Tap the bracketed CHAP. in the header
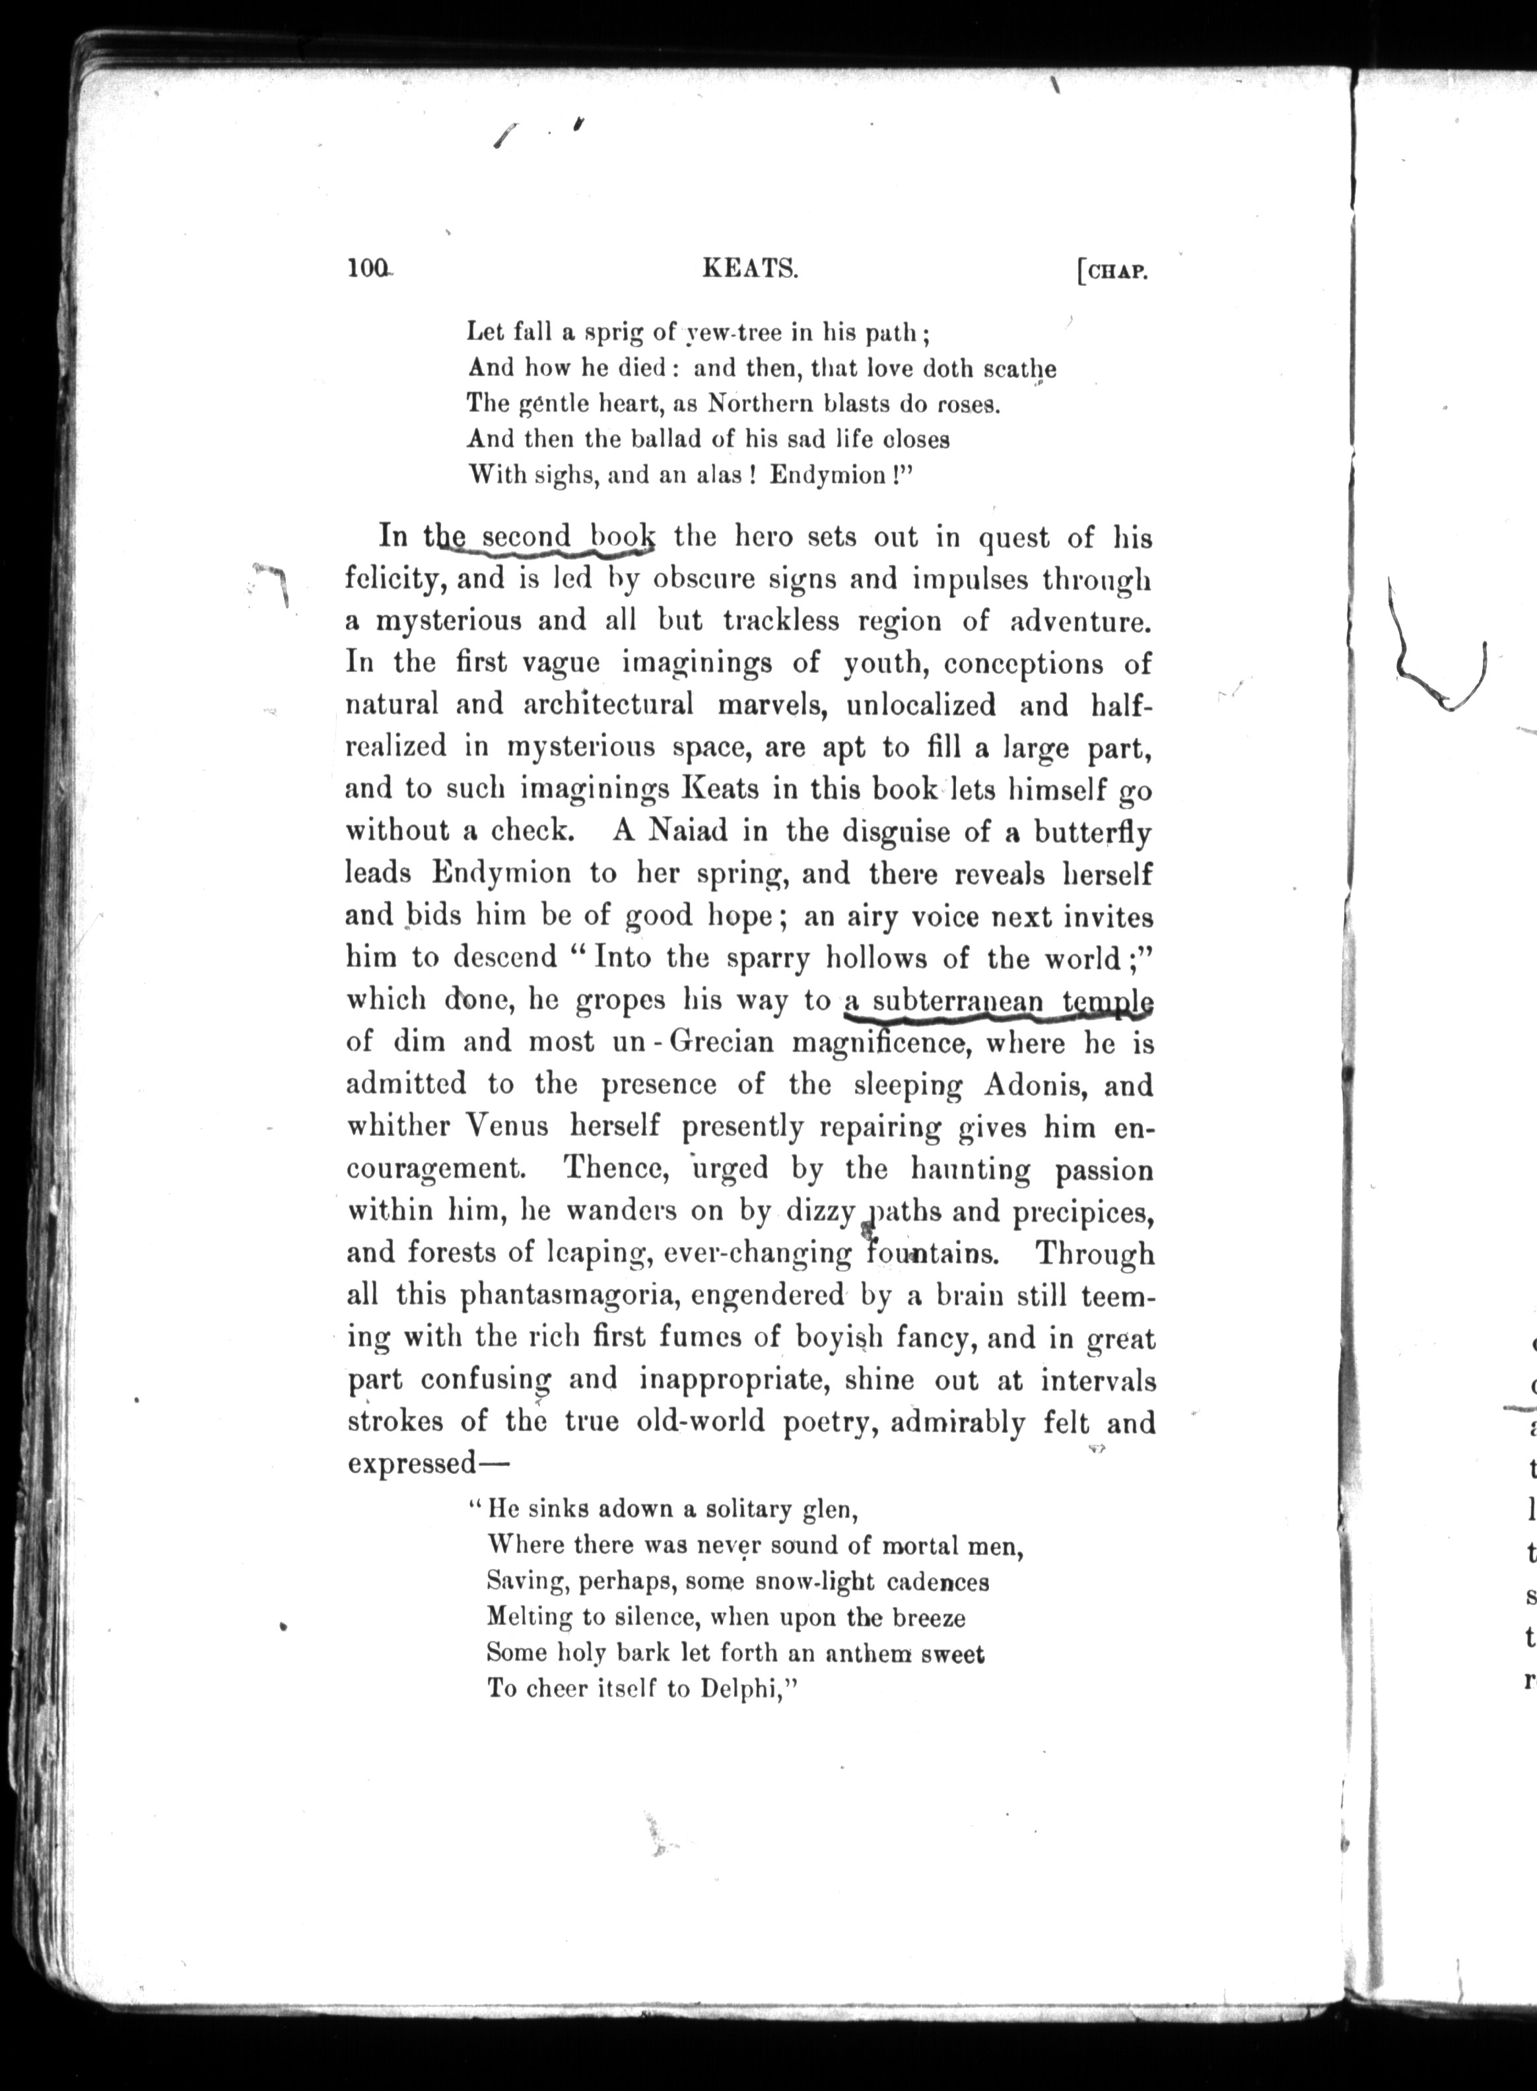click(x=1114, y=273)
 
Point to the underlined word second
click(x=527, y=538)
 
